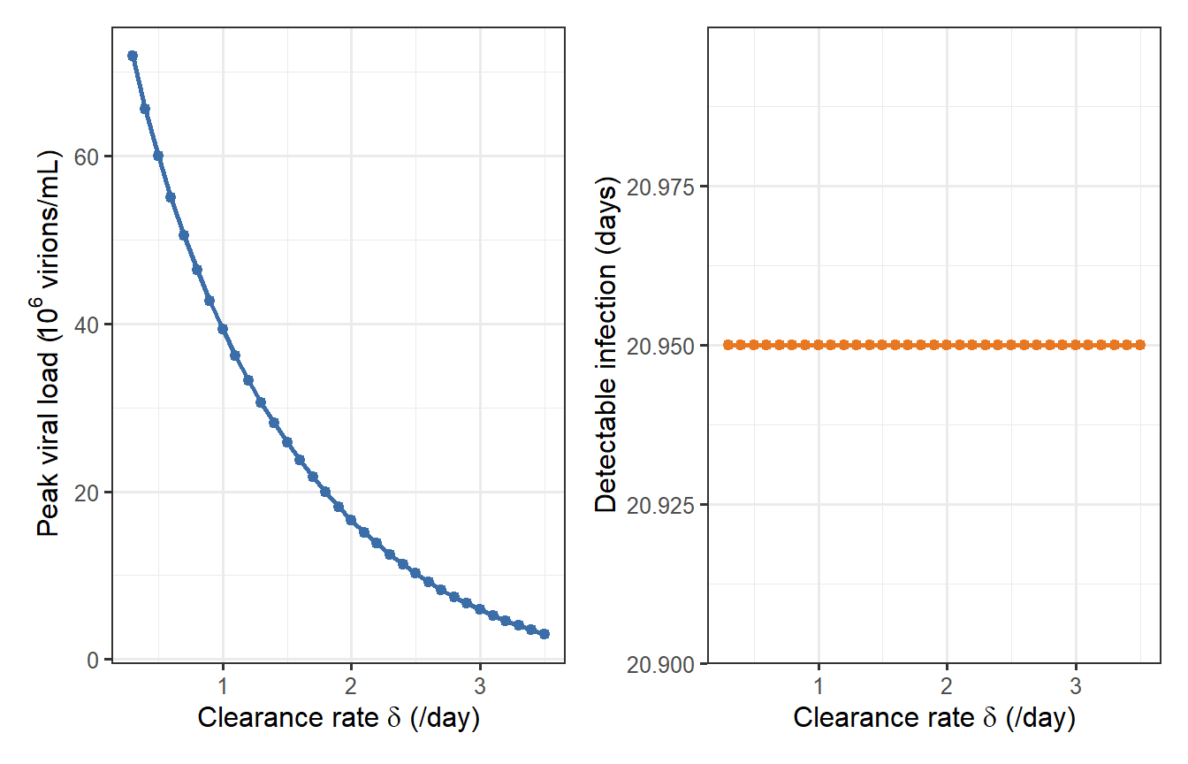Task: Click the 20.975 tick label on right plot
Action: pos(661,187)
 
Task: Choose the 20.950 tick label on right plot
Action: pos(661,346)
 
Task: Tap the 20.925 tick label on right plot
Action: pos(661,505)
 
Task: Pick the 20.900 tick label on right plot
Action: pos(661,664)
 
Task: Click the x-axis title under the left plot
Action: pos(339,718)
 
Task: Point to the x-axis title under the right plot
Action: pos(934,718)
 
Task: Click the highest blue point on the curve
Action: pos(133,56)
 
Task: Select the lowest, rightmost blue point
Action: pos(544,634)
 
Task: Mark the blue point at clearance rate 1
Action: pos(223,329)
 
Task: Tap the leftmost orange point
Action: pos(728,345)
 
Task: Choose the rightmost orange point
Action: pos(1140,345)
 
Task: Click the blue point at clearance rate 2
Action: pos(351,520)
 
